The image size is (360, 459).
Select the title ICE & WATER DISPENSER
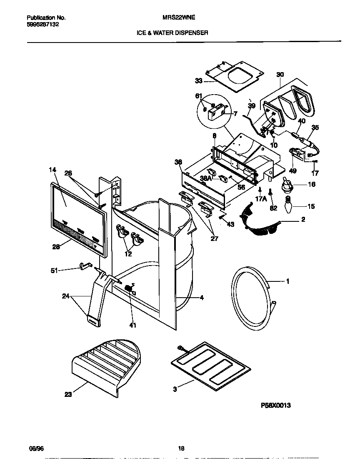(172, 32)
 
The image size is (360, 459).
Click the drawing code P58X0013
(275, 404)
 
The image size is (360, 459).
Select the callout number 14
(52, 170)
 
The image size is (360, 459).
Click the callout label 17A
(260, 199)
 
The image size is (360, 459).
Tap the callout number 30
(280, 75)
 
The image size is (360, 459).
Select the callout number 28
(56, 246)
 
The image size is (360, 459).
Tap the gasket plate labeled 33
(237, 75)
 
